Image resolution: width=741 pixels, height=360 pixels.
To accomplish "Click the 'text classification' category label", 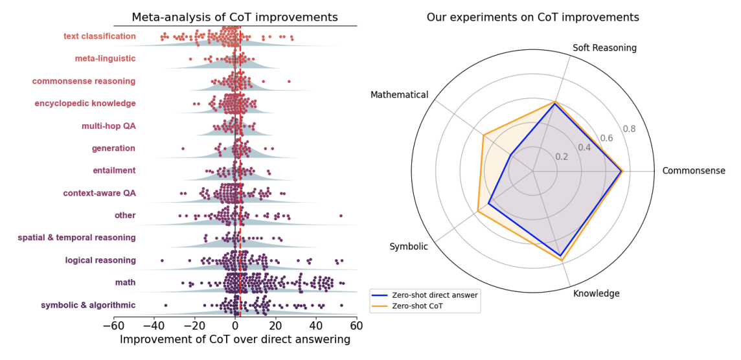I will pyautogui.click(x=100, y=36).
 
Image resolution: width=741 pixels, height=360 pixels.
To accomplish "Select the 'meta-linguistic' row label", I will pyautogui.click(x=105, y=59).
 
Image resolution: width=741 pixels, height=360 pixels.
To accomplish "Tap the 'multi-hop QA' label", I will pyautogui.click(x=108, y=126).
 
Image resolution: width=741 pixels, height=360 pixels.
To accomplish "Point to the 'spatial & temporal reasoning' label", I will pyautogui.click(x=76, y=238).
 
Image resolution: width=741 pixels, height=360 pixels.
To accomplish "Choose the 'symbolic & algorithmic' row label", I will pyautogui.click(x=88, y=305).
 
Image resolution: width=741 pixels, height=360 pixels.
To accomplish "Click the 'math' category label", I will pyautogui.click(x=125, y=283).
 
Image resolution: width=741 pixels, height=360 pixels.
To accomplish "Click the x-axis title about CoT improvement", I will pyautogui.click(x=235, y=339).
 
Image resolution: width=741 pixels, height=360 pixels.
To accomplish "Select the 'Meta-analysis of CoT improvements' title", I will pyautogui.click(x=234, y=17).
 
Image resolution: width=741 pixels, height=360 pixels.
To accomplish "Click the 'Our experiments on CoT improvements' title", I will pyautogui.click(x=532, y=17).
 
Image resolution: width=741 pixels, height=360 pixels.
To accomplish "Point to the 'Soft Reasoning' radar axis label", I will pyautogui.click(x=605, y=48).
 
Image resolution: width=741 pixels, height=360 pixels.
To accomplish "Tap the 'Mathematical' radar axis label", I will pyautogui.click(x=399, y=95).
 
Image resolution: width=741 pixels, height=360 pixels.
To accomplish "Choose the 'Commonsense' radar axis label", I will pyautogui.click(x=694, y=171).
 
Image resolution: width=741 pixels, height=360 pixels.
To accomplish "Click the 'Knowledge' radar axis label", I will pyautogui.click(x=597, y=293).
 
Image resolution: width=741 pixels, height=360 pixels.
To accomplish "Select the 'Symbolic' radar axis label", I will pyautogui.click(x=408, y=247).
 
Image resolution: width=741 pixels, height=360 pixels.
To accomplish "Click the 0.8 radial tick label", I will pyautogui.click(x=629, y=129).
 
